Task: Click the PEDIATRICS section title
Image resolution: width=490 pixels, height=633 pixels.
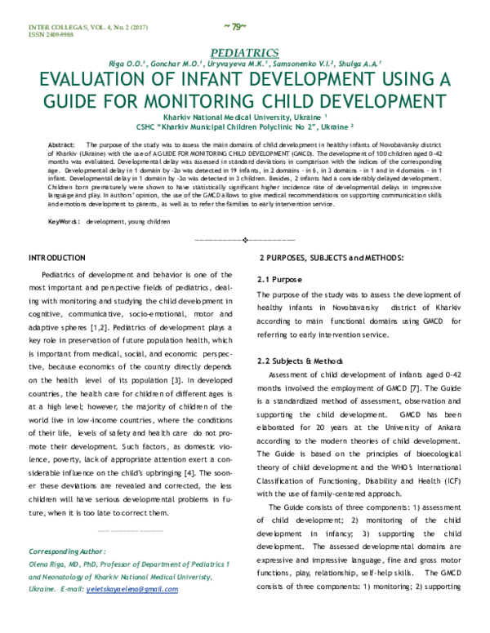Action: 244,51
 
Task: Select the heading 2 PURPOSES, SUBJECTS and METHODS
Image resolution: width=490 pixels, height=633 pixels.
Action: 329,259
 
